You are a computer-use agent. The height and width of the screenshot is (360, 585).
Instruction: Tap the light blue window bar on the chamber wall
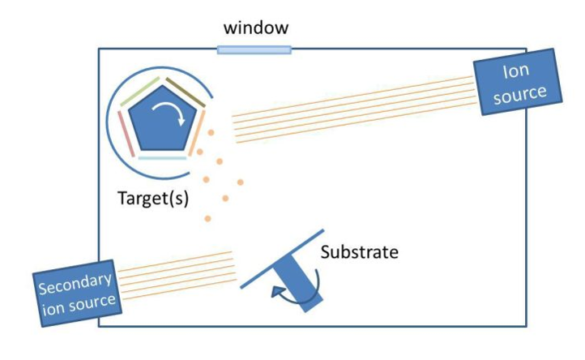click(x=254, y=50)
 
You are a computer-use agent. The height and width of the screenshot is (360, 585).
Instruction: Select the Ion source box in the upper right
click(x=519, y=84)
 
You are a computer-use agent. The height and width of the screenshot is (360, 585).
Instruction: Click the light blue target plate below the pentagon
click(x=162, y=158)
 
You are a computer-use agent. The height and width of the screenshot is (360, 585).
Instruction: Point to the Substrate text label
click(x=359, y=251)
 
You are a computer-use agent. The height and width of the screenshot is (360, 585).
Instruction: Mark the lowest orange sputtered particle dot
click(x=209, y=218)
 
